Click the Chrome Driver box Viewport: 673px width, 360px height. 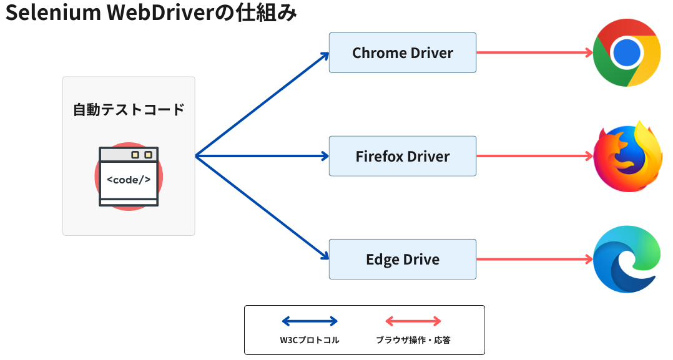pyautogui.click(x=403, y=53)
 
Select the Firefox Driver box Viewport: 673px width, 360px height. pyautogui.click(x=403, y=156)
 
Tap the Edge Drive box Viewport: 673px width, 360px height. pyautogui.click(x=403, y=259)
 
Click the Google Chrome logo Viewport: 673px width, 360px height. pyautogui.click(x=627, y=53)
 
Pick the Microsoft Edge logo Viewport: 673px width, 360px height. pyautogui.click(x=627, y=259)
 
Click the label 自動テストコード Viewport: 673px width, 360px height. pyautogui.click(x=129, y=110)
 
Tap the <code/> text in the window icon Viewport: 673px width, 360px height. pyautogui.click(x=129, y=180)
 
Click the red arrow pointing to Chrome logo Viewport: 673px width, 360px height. pyautogui.click(x=534, y=53)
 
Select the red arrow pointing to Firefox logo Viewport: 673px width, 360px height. pyautogui.click(x=534, y=156)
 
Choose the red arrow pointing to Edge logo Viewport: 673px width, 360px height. pyautogui.click(x=534, y=259)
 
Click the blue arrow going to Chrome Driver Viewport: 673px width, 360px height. pyautogui.click(x=262, y=104)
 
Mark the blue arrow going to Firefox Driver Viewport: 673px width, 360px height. pyautogui.click(x=262, y=156)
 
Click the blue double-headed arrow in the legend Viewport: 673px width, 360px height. pyautogui.click(x=310, y=321)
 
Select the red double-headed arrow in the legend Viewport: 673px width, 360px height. pyautogui.click(x=413, y=321)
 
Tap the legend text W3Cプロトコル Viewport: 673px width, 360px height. pyautogui.click(x=310, y=341)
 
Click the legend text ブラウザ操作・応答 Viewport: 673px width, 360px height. pyautogui.click(x=413, y=341)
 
